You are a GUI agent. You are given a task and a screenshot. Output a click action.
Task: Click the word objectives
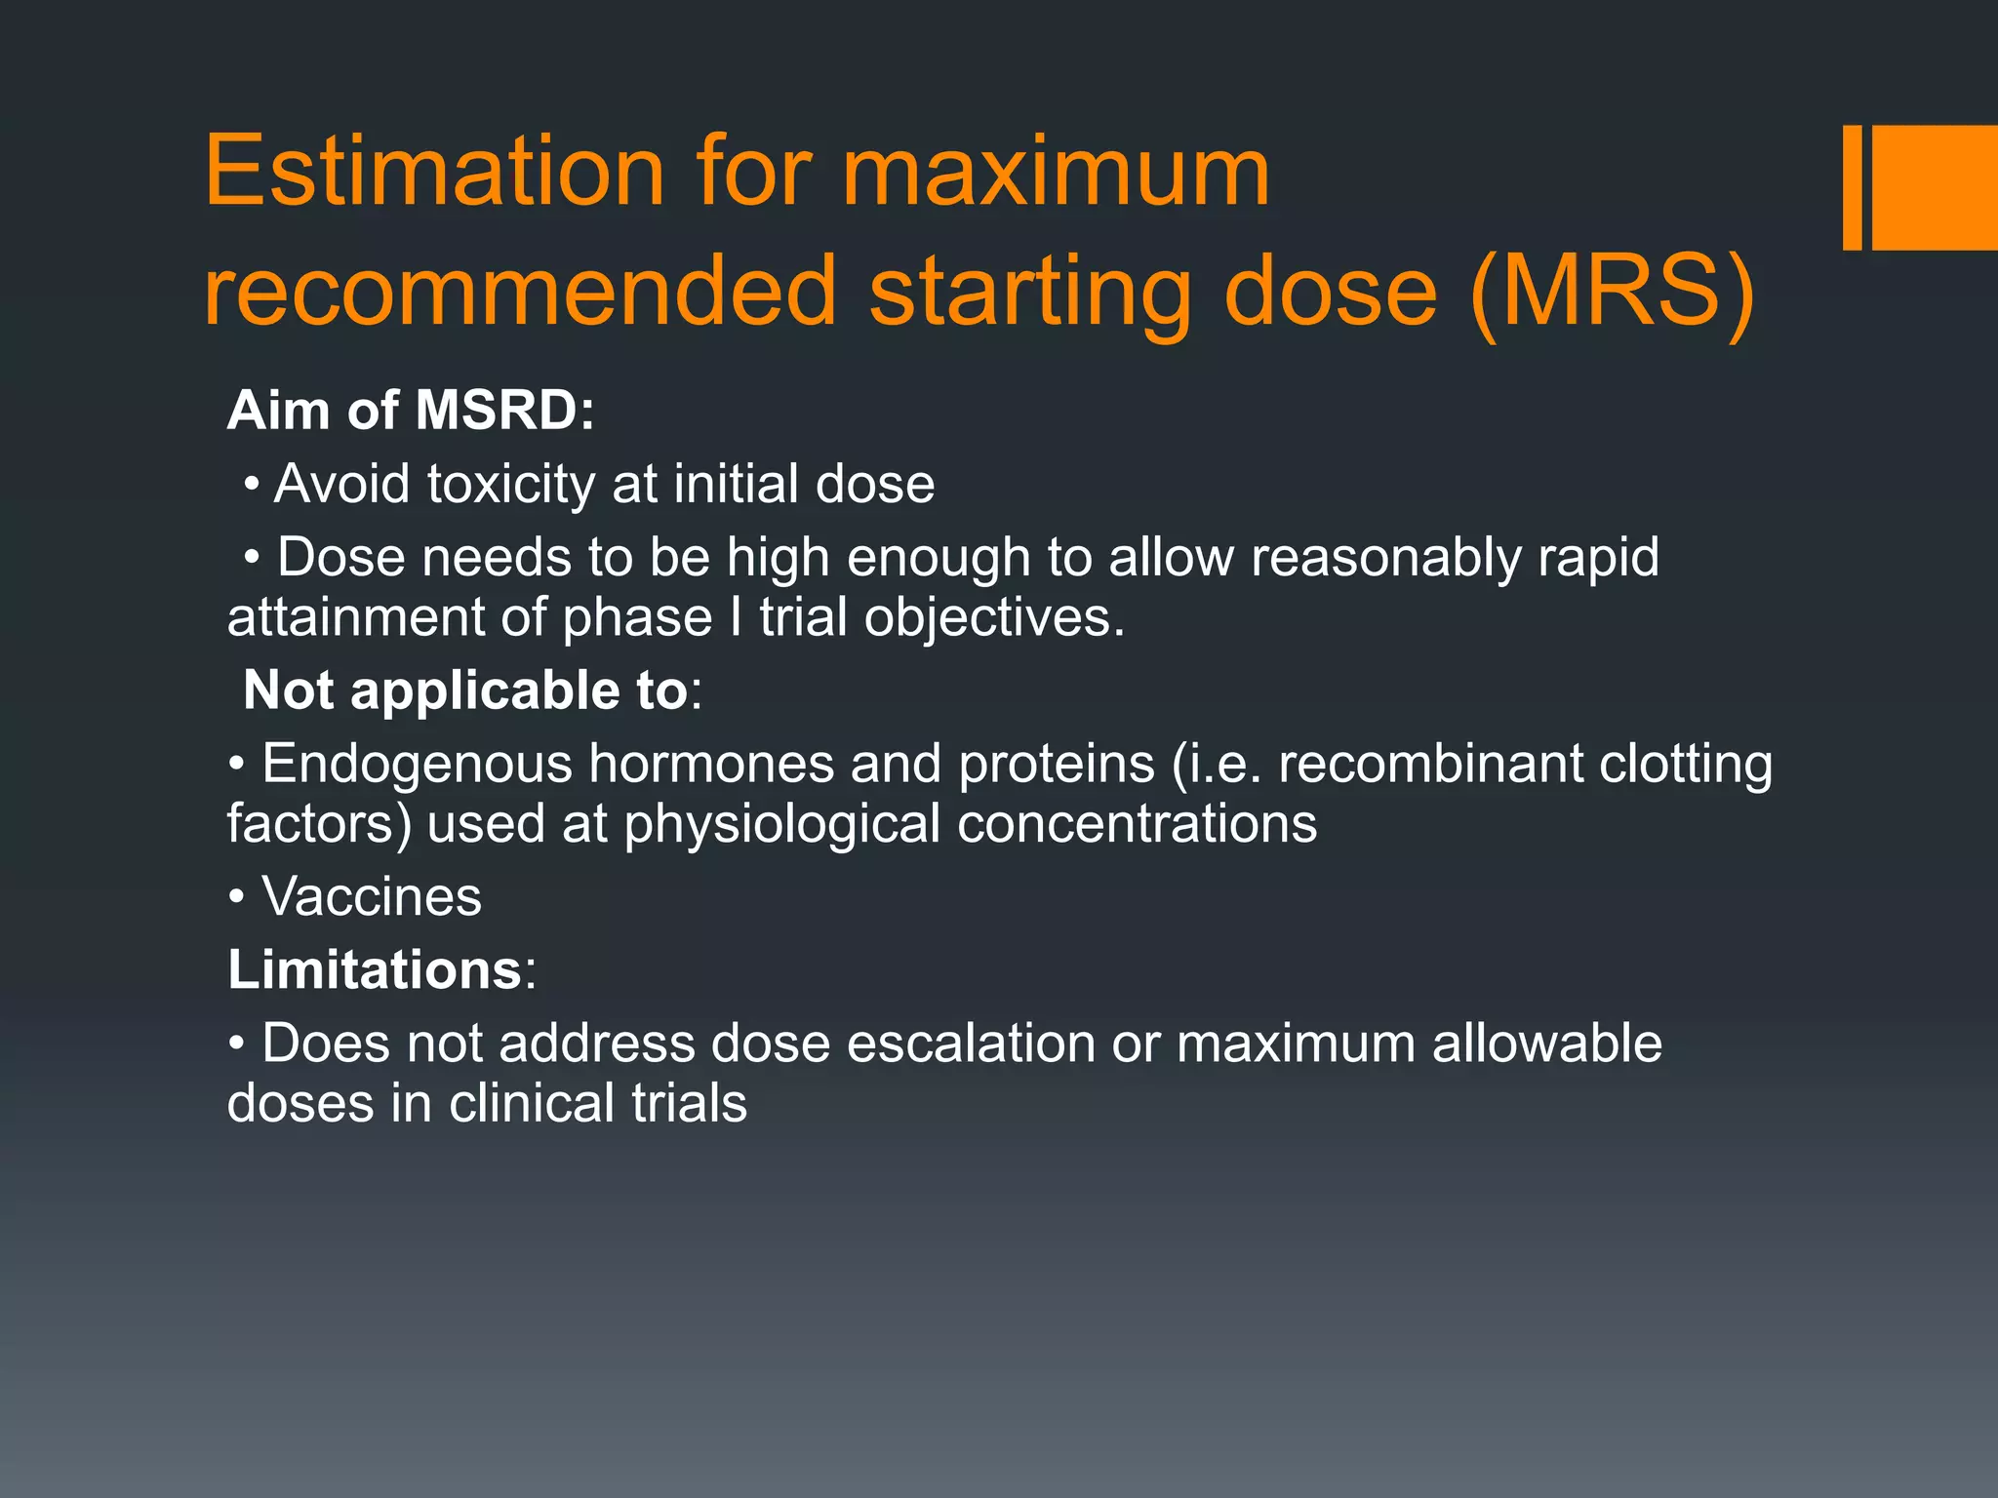pyautogui.click(x=994, y=618)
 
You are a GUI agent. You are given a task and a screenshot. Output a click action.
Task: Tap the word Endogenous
pyautogui.click(x=417, y=764)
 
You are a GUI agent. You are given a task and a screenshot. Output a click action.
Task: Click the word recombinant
pyautogui.click(x=1430, y=764)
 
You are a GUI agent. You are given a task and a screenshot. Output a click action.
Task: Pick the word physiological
pyautogui.click(x=782, y=824)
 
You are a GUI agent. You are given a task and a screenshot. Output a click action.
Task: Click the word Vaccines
pyautogui.click(x=372, y=897)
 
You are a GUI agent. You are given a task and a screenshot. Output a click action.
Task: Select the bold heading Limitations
pyautogui.click(x=376, y=970)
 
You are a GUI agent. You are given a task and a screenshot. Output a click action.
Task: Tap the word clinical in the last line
pyautogui.click(x=532, y=1104)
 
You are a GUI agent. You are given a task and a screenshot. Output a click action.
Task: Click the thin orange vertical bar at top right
pyautogui.click(x=1852, y=187)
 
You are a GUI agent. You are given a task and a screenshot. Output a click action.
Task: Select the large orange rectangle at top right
pyautogui.click(x=1936, y=187)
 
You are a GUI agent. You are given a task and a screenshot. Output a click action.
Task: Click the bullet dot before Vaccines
pyautogui.click(x=236, y=897)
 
